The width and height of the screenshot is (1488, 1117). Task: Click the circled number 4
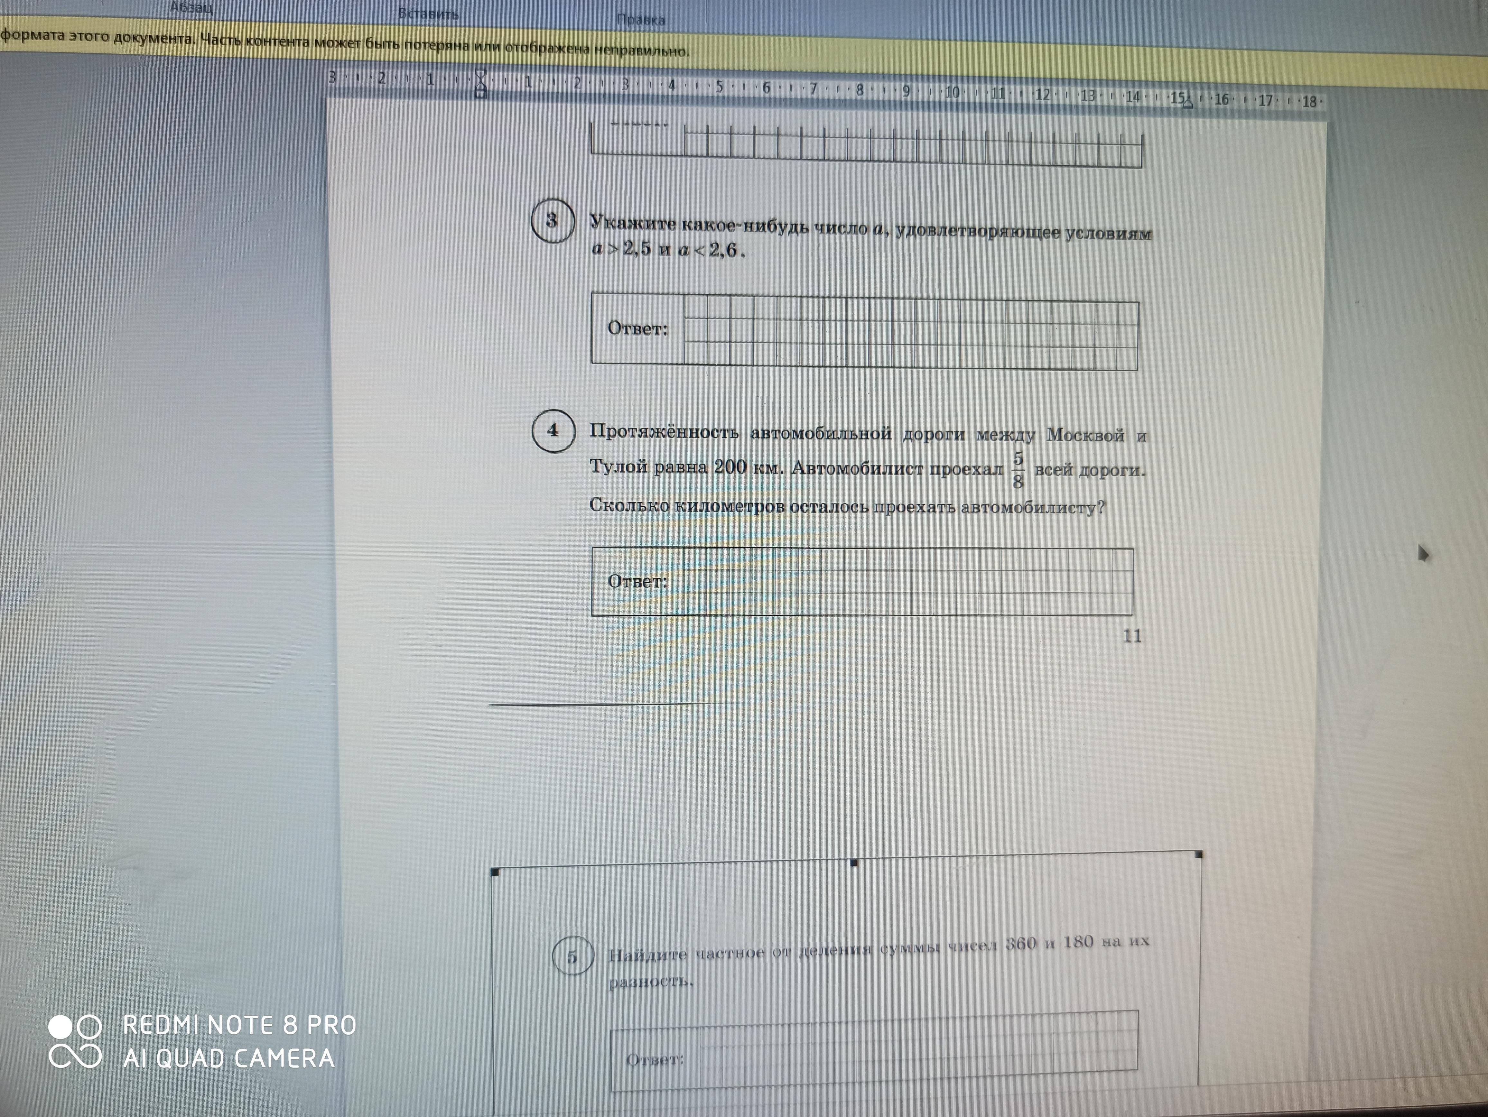(553, 430)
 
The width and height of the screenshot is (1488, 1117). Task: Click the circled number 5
(572, 955)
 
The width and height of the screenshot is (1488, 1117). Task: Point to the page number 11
(1132, 636)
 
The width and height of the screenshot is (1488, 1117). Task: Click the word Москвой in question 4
(1085, 435)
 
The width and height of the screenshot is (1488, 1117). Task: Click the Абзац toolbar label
(191, 8)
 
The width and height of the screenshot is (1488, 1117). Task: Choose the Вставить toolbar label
(429, 14)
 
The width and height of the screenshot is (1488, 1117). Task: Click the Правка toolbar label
(640, 20)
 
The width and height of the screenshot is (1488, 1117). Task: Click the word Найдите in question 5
(648, 954)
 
